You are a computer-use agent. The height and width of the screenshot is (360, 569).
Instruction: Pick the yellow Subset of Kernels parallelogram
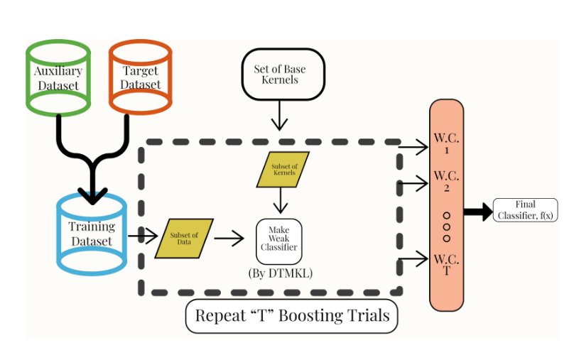[x=283, y=170]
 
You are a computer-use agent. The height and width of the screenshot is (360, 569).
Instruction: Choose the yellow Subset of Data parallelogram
[x=184, y=239]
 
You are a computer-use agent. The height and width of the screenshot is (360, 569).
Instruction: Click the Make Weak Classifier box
[x=278, y=241]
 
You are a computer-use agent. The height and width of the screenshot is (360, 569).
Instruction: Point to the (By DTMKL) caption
[x=280, y=273]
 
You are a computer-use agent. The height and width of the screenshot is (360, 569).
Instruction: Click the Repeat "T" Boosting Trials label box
[x=292, y=316]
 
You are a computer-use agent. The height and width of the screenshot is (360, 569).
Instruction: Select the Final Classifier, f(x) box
[x=525, y=210]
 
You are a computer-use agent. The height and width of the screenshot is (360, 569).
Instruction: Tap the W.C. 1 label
[x=446, y=143]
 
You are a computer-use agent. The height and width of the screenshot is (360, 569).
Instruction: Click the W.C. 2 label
[x=446, y=181]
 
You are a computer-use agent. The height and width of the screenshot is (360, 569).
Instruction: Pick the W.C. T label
[x=446, y=264]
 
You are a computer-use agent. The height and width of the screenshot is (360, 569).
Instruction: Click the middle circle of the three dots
[x=447, y=227]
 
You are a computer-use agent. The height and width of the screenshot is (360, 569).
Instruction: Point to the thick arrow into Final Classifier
[x=478, y=212]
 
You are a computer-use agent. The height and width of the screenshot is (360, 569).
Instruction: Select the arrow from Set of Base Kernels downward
[x=279, y=116]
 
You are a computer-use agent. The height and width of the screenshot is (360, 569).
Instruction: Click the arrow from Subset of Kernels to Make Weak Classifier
[x=281, y=200]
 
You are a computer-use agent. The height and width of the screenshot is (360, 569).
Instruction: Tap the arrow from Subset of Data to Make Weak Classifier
[x=229, y=239]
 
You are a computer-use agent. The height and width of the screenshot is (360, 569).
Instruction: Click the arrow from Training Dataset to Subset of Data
[x=143, y=236]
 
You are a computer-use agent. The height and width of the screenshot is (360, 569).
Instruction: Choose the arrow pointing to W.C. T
[x=413, y=258]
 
